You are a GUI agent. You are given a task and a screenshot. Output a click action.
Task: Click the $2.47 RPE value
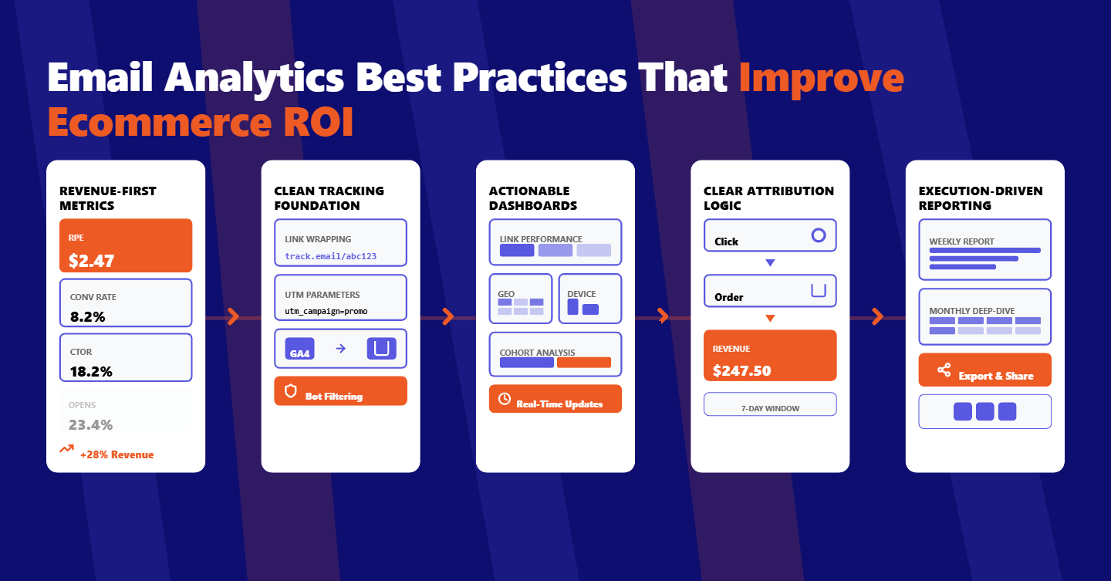tap(91, 261)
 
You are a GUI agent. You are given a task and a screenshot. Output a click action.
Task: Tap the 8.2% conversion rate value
tap(87, 316)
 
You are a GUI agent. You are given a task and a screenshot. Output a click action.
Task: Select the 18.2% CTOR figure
tap(91, 371)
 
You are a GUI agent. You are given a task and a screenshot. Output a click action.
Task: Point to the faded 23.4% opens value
tap(91, 424)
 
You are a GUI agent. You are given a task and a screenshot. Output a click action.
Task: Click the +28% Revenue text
tap(117, 454)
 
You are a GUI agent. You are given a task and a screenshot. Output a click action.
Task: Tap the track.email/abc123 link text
tap(330, 256)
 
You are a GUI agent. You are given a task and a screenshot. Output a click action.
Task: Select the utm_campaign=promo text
tap(326, 312)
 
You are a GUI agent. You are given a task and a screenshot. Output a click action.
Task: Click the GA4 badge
tap(299, 349)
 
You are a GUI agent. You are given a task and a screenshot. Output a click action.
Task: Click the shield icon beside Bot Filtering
tap(291, 391)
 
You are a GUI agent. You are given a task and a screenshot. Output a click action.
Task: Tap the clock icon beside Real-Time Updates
tap(505, 399)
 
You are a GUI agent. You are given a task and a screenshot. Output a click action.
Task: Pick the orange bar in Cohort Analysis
tap(583, 363)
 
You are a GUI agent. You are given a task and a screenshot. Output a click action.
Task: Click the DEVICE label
tap(581, 294)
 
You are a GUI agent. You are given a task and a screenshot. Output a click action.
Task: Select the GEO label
tap(506, 294)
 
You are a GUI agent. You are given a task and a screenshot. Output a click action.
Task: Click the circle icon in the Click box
tap(819, 235)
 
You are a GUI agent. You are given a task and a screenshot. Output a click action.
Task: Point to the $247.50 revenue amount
tap(741, 370)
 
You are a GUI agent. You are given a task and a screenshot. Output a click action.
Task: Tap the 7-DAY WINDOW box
tap(770, 404)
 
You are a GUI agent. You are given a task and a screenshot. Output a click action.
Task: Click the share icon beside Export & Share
tap(944, 370)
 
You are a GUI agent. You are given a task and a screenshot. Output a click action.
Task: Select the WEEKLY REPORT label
tap(961, 242)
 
